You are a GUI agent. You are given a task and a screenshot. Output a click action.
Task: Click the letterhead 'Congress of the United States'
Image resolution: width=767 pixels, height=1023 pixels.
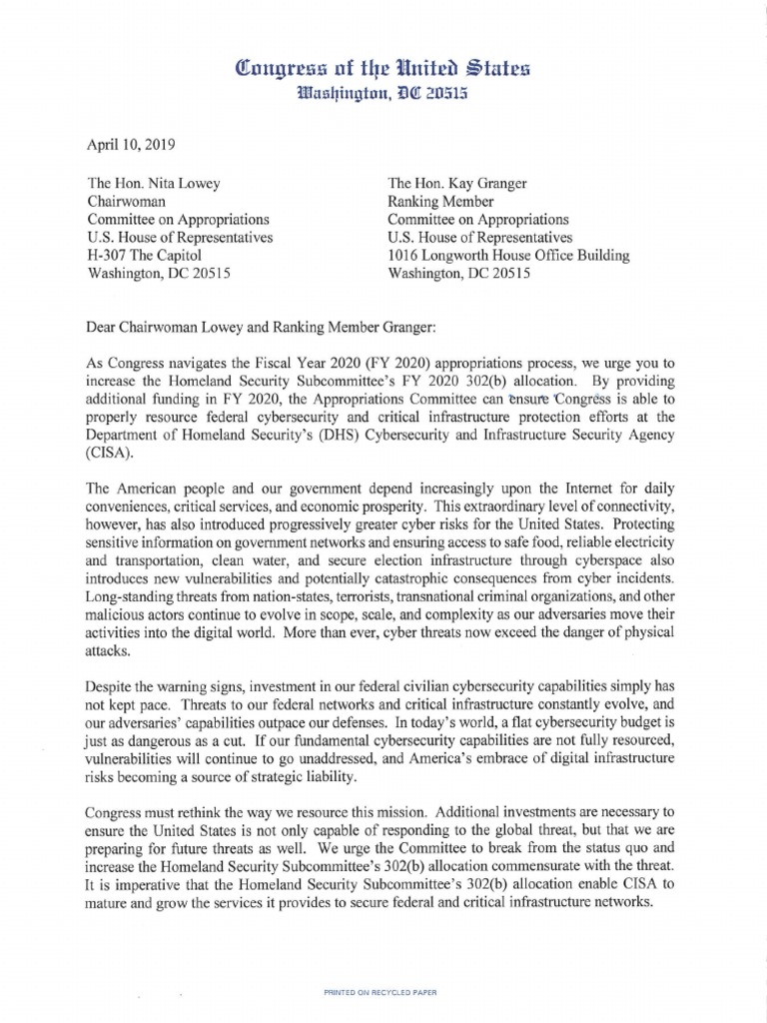[x=383, y=69]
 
